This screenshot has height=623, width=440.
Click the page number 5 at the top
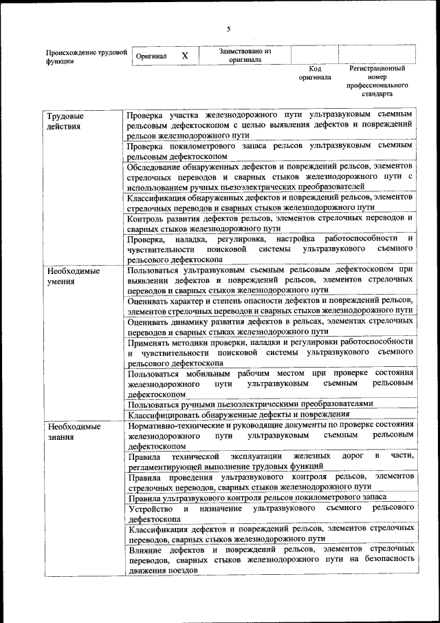tap(229, 28)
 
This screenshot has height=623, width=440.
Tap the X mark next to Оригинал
tap(184, 55)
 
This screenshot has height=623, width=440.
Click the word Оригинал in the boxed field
tap(151, 56)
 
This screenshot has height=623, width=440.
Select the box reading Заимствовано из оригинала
tap(245, 55)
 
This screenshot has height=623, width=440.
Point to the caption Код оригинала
tap(315, 73)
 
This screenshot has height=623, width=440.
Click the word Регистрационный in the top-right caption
tap(377, 69)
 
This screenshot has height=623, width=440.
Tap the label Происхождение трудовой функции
tap(86, 56)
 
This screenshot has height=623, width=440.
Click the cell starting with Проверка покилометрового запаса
tap(270, 151)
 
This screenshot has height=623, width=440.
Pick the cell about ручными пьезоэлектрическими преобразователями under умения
tap(270, 404)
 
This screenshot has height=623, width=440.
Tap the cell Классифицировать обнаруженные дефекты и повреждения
tap(270, 414)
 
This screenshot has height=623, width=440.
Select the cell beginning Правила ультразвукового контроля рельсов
tap(270, 496)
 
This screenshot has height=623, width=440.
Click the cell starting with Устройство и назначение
tap(270, 513)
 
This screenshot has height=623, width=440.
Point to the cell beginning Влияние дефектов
tap(270, 559)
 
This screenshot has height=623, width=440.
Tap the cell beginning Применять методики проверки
tap(270, 352)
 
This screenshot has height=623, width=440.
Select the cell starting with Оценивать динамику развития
tap(270, 326)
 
